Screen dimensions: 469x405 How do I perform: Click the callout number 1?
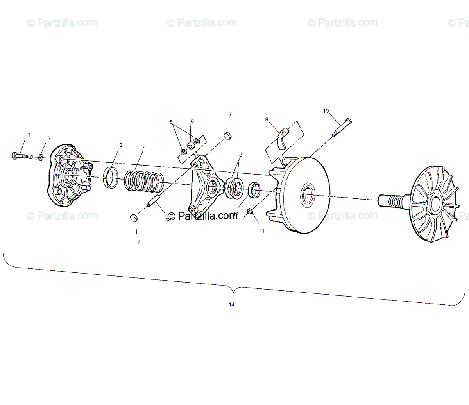point(28,135)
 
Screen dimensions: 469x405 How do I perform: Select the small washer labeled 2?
point(40,158)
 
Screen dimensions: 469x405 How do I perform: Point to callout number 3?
point(121,145)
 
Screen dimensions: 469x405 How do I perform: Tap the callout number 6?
point(192,121)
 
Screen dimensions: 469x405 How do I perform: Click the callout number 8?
point(240,155)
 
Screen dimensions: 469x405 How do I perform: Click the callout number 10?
point(326,111)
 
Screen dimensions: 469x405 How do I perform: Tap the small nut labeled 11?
point(251,212)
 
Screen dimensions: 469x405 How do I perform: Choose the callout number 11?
point(261,231)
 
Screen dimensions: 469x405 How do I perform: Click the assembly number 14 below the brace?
point(231,305)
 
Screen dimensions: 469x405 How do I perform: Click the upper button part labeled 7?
point(228,136)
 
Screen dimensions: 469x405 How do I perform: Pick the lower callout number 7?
point(139,242)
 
